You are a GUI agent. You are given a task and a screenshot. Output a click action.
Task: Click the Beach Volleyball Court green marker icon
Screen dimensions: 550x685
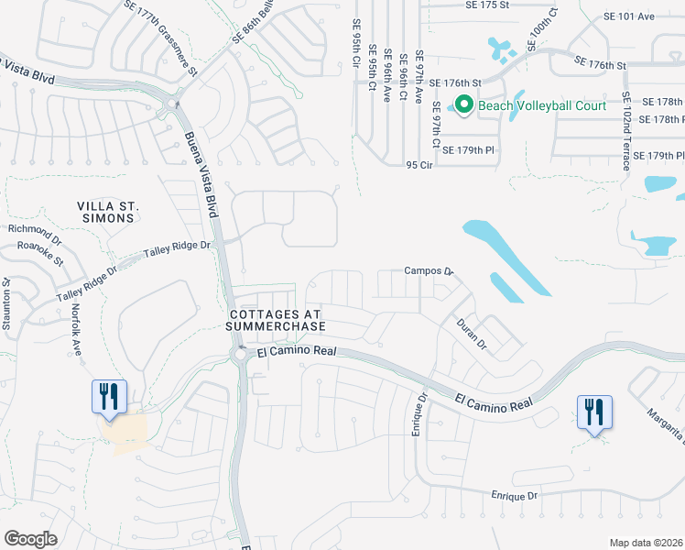coord(463,105)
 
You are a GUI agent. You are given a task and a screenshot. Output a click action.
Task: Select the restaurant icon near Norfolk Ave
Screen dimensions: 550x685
coord(109,398)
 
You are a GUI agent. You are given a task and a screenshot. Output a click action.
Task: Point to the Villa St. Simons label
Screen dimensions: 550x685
coord(107,211)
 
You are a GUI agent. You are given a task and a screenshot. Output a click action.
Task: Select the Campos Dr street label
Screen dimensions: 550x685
coord(429,271)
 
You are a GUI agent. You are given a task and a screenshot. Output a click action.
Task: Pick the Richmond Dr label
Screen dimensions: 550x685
coord(33,229)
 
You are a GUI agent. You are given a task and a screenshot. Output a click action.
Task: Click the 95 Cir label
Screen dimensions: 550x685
coord(419,166)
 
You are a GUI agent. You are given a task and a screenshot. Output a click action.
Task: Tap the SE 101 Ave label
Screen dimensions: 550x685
coord(629,16)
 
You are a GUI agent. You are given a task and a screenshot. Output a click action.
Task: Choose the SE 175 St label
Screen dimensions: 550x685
coord(462,5)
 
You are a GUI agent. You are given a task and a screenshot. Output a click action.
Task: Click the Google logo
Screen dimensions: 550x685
coord(30,538)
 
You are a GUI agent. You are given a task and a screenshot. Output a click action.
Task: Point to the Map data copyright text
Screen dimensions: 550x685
coord(646,542)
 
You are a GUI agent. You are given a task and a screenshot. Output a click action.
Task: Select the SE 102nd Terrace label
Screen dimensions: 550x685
coord(626,131)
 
